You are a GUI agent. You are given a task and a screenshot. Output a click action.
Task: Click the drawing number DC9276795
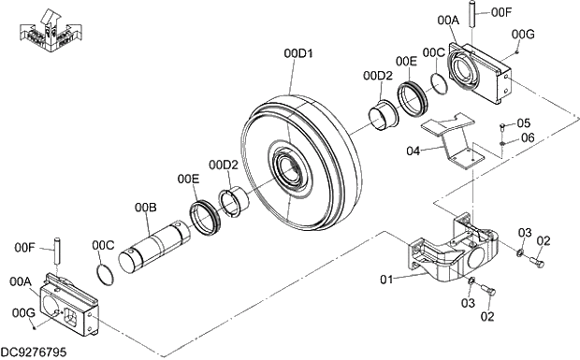pos(34,352)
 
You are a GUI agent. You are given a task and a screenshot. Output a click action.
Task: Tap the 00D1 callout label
pos(298,53)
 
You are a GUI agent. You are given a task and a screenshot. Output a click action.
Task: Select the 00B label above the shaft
pos(145,208)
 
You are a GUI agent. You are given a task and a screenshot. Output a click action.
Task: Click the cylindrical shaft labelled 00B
pos(155,247)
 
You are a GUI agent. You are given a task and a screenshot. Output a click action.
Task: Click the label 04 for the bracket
pos(413,151)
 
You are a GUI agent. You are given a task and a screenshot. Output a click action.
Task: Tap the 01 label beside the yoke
pos(386,280)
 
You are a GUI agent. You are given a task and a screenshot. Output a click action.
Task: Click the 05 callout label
pos(524,123)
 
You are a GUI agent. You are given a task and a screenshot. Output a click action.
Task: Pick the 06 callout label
pos(528,137)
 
